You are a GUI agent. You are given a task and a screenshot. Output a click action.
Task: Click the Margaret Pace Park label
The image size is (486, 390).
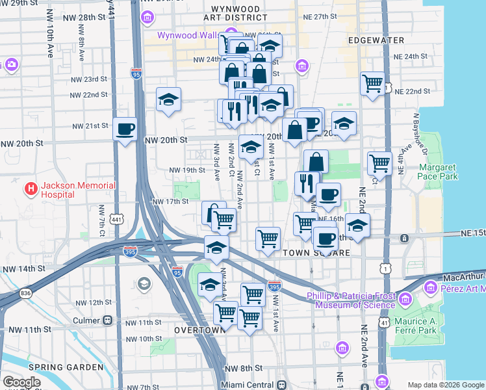438,171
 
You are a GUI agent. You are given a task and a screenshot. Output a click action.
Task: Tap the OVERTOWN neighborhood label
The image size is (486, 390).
199,330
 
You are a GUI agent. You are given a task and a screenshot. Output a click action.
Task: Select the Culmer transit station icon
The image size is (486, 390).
107,320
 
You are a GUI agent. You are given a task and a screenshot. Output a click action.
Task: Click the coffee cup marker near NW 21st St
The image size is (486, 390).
125,127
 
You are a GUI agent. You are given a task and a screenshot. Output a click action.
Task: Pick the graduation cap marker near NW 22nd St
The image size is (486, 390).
168,99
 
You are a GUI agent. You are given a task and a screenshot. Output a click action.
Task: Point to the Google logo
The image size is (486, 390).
21,382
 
